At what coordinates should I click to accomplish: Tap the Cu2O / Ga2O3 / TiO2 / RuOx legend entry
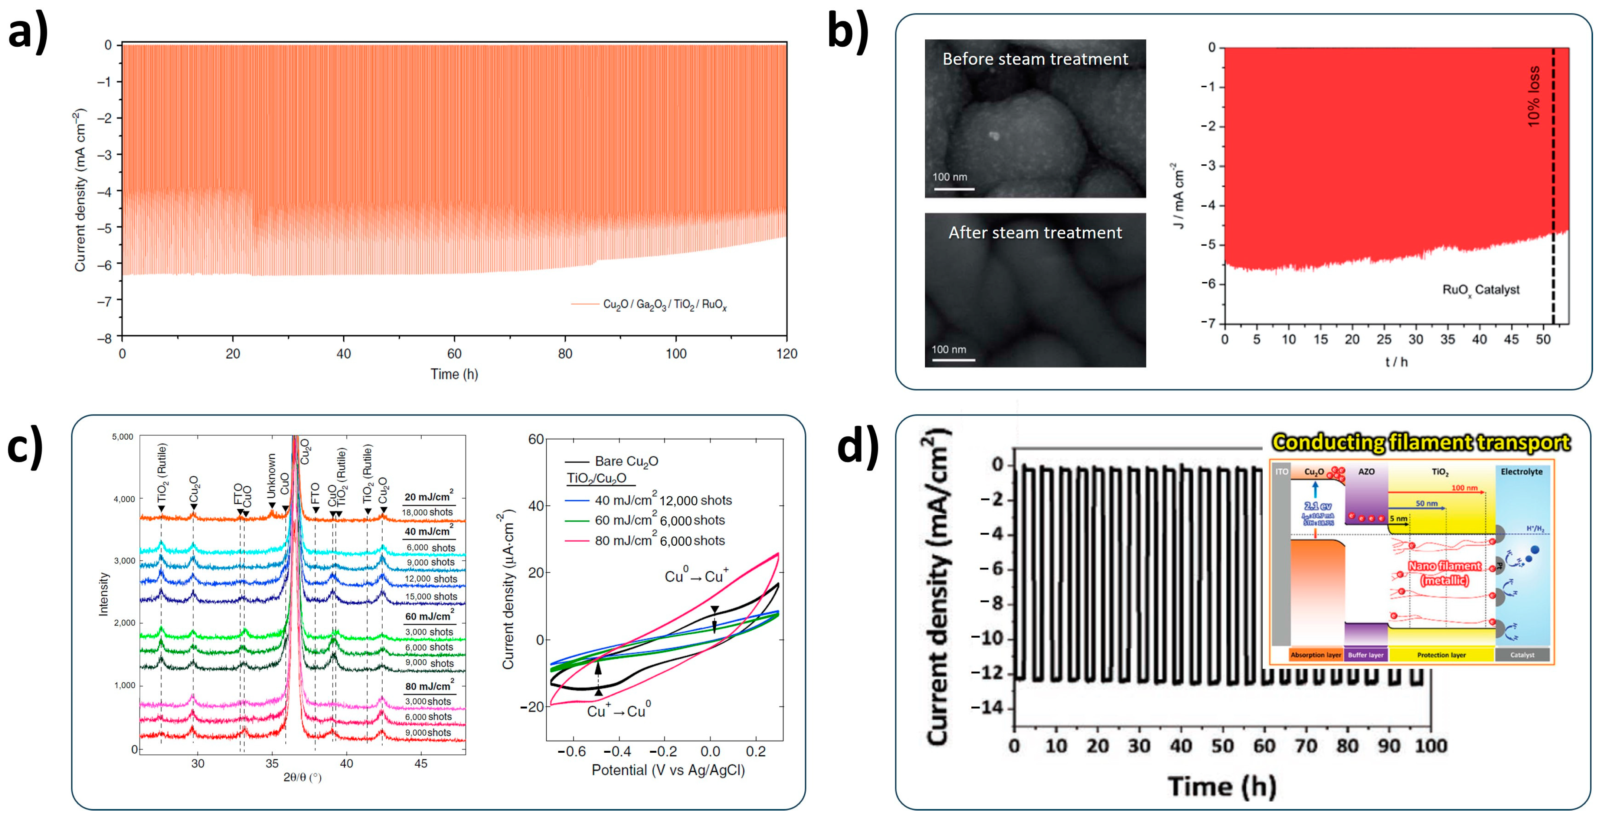pyautogui.click(x=664, y=305)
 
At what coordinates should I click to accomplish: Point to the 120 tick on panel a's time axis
pyautogui.click(x=787, y=354)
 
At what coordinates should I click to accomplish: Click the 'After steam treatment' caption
pyautogui.click(x=1035, y=233)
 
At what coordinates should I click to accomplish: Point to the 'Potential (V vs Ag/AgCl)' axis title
pyautogui.click(x=668, y=770)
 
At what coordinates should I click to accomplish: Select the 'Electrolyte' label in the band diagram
pyautogui.click(x=1521, y=472)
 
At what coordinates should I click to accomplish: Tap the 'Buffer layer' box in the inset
pyautogui.click(x=1366, y=655)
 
